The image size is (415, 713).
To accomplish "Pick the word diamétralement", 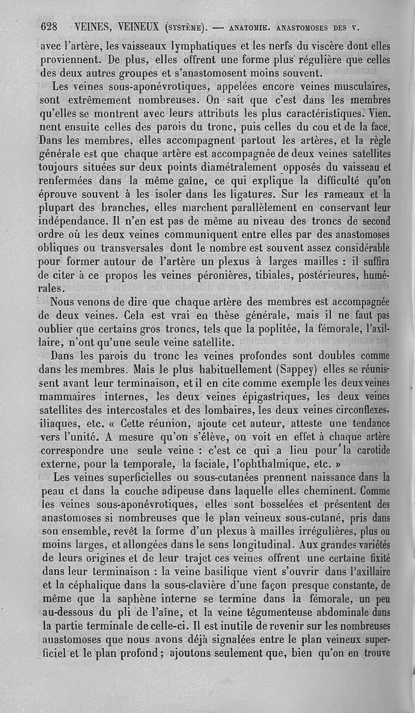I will [229, 167].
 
